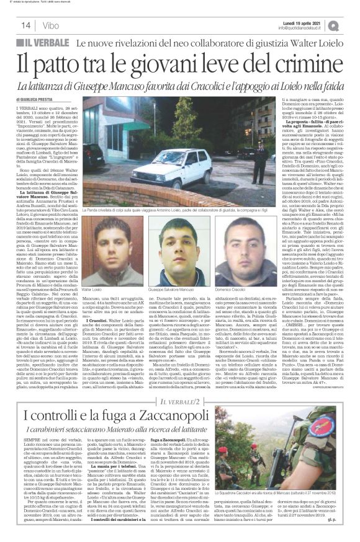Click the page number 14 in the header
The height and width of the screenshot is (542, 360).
coord(25,25)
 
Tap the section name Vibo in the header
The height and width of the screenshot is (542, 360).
coord(52,25)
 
